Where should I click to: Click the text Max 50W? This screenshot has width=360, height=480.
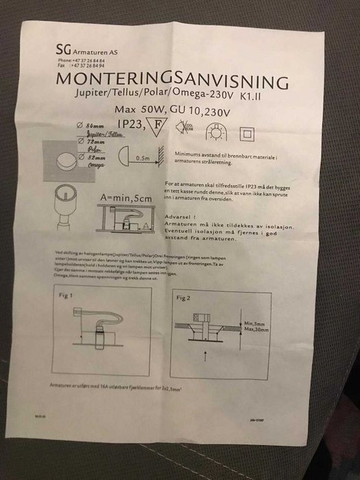134,109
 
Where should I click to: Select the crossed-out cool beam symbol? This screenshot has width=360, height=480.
185,128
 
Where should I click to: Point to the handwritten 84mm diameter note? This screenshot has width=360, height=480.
94,128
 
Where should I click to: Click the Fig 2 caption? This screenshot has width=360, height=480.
183,299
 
